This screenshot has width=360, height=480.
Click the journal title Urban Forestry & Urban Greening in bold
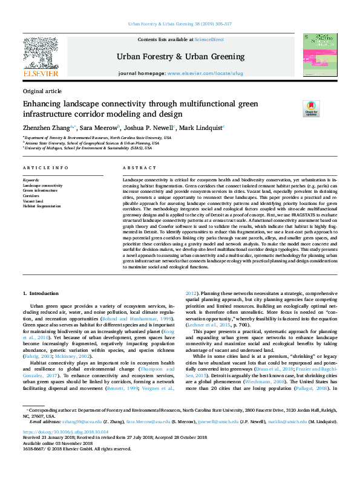(x=180, y=56)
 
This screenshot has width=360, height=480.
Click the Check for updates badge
(x=311, y=109)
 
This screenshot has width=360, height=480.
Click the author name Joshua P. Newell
(x=148, y=128)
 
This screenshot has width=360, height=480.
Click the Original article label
(x=41, y=91)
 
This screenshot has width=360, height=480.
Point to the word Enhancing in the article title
(x=43, y=104)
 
